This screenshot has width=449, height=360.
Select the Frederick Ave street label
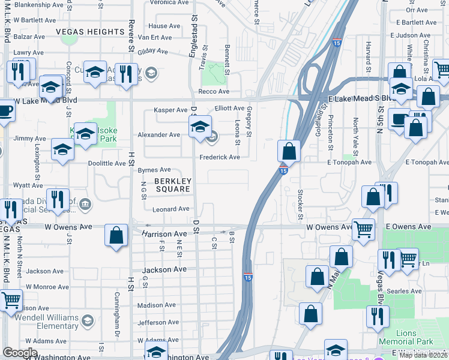pyautogui.click(x=220, y=157)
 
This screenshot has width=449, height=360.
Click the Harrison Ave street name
pyautogui.click(x=164, y=233)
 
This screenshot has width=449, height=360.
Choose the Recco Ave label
pyautogui.click(x=214, y=91)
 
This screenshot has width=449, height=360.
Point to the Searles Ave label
pyautogui.click(x=405, y=292)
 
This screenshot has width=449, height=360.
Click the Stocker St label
pyautogui.click(x=301, y=205)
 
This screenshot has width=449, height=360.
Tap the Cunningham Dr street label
pyautogui.click(x=118, y=307)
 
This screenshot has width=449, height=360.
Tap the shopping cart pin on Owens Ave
pyautogui.click(x=363, y=229)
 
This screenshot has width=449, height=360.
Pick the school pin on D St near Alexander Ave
pyautogui.click(x=200, y=127)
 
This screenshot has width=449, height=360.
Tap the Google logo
pyautogui.click(x=20, y=353)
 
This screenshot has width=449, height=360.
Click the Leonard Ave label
pyautogui.click(x=170, y=209)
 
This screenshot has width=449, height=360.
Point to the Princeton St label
pyautogui.click(x=331, y=134)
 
